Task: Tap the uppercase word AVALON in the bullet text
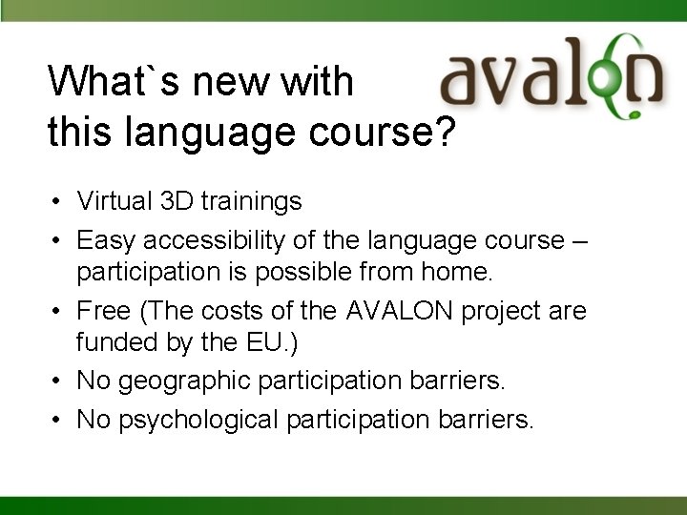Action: [391, 311]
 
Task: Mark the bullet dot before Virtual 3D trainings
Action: [58, 202]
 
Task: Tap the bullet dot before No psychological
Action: [58, 419]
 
